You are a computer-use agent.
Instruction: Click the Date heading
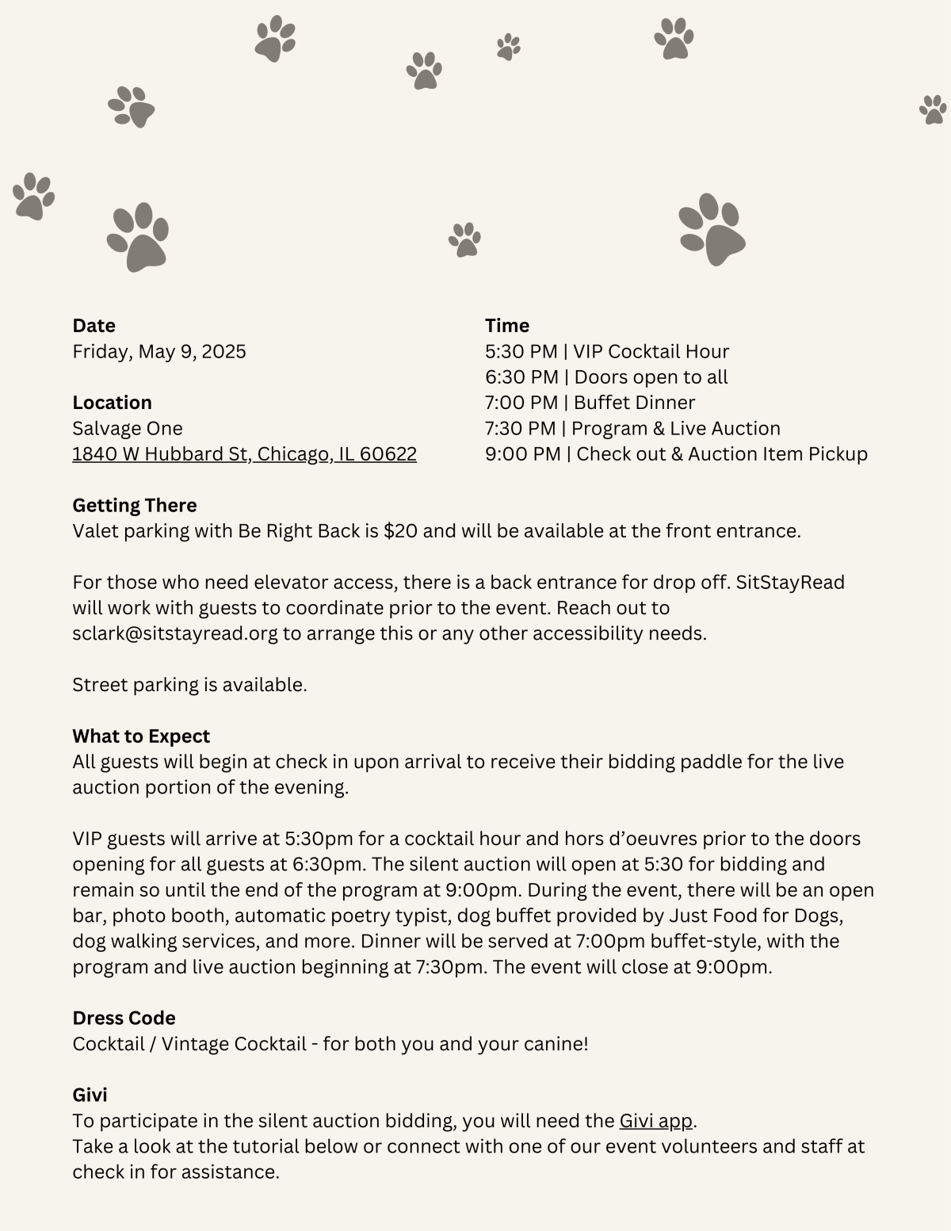click(x=94, y=326)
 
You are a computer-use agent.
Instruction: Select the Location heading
click(x=112, y=403)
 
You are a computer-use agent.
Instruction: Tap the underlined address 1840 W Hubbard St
click(x=244, y=454)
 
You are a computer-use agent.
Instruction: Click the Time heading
click(x=507, y=326)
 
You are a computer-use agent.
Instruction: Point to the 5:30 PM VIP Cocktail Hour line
click(x=607, y=351)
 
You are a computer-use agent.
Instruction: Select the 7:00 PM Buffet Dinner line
click(x=590, y=403)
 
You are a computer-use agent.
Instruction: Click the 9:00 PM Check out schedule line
click(x=676, y=454)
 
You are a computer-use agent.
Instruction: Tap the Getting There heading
click(x=135, y=506)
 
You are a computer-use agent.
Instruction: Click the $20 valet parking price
click(x=400, y=531)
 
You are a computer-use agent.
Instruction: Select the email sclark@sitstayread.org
click(x=175, y=633)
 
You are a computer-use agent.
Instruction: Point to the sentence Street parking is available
click(x=189, y=685)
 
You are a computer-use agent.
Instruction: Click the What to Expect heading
click(x=141, y=736)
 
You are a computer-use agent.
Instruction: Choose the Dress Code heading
click(x=124, y=1018)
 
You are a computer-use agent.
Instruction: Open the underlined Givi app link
click(x=655, y=1121)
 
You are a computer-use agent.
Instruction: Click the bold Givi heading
click(x=90, y=1095)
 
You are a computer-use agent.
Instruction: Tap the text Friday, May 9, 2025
click(x=159, y=351)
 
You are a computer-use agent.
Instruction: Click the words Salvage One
click(x=128, y=429)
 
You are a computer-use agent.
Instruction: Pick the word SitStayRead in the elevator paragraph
click(x=790, y=583)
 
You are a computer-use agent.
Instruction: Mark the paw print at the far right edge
click(x=933, y=109)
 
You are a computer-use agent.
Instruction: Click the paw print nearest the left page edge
click(x=33, y=196)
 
